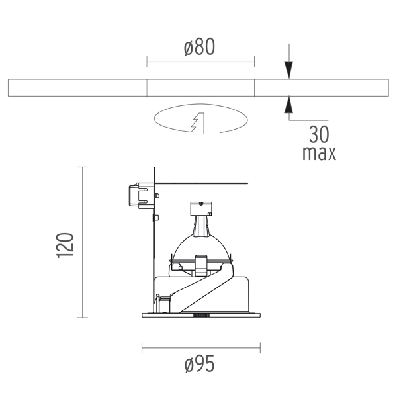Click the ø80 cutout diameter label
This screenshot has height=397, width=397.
(x=200, y=47)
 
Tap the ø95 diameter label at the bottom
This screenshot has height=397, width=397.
(x=200, y=363)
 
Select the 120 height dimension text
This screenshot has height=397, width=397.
(x=65, y=245)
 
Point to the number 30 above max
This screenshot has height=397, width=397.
(x=319, y=134)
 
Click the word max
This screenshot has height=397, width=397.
(x=320, y=154)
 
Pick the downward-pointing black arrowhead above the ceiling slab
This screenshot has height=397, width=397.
(x=289, y=70)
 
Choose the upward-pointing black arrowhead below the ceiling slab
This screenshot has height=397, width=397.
(x=288, y=105)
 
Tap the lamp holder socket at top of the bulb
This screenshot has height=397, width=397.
(x=201, y=208)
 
